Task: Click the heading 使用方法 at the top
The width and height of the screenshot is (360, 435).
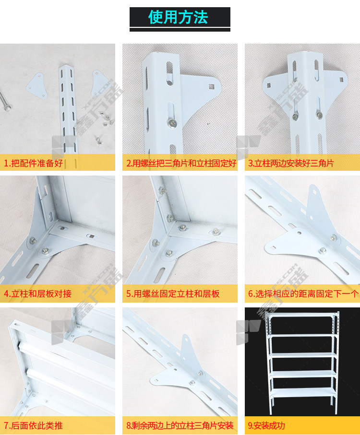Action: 178,17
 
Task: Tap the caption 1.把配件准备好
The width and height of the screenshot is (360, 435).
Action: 33,163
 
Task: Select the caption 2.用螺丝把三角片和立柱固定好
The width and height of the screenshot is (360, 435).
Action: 181,163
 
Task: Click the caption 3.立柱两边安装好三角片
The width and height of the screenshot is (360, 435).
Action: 290,163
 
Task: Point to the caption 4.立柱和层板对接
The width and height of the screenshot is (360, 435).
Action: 37,294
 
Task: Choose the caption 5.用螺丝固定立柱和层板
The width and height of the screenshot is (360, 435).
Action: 173,294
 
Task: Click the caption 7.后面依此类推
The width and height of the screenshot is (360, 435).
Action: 33,425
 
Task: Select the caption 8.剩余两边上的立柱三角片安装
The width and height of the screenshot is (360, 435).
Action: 180,425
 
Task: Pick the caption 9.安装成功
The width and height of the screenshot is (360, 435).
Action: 266,425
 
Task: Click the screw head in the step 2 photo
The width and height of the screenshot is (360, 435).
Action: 172,123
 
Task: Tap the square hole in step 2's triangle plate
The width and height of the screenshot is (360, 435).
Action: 212,86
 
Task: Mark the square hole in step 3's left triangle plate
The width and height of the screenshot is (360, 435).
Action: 269,85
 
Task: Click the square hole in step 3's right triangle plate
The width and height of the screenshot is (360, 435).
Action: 341,80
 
